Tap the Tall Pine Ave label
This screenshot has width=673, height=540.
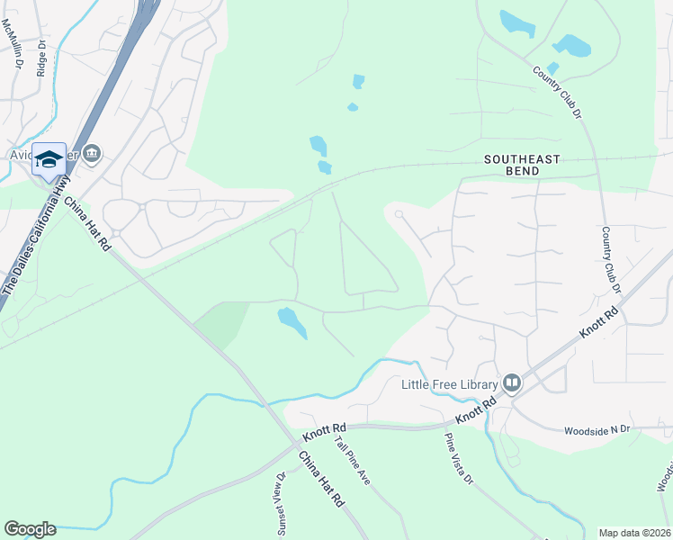[x=352, y=460]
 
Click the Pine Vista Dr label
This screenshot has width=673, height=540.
[x=457, y=459]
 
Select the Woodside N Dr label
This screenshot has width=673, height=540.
[x=598, y=430]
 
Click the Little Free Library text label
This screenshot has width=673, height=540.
[x=449, y=384]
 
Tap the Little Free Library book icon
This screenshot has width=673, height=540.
[x=512, y=384]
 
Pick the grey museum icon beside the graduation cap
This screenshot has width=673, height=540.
[x=91, y=155]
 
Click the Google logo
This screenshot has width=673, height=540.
[x=30, y=529]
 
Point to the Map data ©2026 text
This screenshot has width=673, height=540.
[x=634, y=532]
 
